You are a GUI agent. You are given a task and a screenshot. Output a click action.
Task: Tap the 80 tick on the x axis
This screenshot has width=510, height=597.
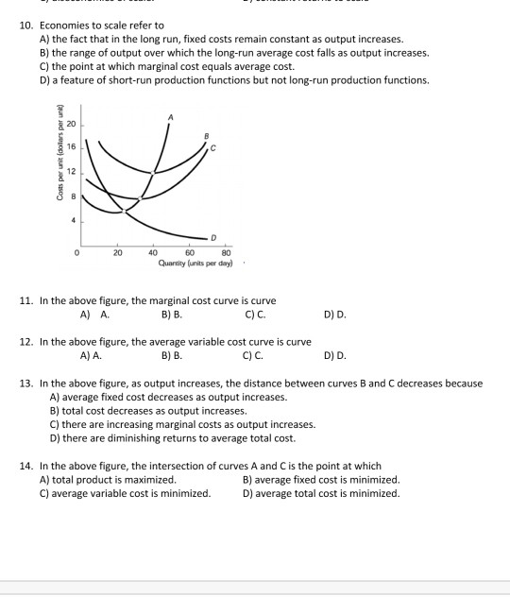point(226,252)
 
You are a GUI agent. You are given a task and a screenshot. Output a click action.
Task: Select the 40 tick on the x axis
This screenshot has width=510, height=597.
point(153,252)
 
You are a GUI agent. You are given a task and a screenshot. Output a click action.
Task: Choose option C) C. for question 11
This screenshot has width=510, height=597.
point(254,314)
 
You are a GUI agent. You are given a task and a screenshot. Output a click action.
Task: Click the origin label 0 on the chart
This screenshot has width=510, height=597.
point(79,252)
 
